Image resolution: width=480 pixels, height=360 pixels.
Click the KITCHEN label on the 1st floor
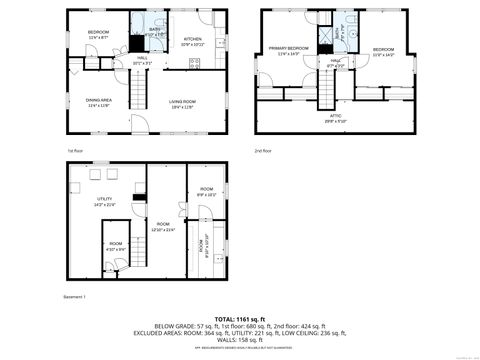click(192, 40)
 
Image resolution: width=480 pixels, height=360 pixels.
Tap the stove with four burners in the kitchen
click(195, 62)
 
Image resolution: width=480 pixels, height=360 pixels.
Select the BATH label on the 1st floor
click(155, 30)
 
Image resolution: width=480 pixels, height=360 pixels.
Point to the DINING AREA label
click(98, 101)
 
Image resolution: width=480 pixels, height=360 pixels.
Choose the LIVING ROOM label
click(182, 101)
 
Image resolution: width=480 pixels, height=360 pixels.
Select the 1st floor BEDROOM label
click(98, 33)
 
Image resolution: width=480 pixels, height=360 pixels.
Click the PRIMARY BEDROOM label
click(288, 49)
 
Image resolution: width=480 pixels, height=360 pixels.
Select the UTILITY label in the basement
click(105, 199)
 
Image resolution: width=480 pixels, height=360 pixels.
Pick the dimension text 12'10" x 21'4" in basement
click(162, 230)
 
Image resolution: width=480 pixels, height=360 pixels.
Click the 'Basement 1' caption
click(77, 297)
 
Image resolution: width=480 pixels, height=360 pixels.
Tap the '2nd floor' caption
click(264, 150)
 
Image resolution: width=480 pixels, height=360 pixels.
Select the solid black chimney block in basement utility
click(141, 197)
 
